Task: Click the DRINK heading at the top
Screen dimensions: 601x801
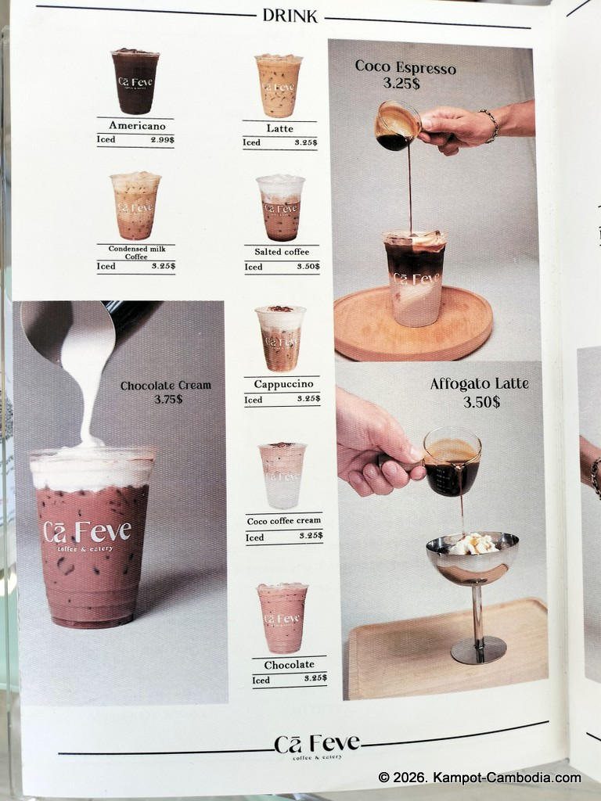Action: pos(290,16)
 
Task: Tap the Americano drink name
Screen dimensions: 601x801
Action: pos(137,126)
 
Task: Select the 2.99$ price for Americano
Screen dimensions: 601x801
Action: pos(163,140)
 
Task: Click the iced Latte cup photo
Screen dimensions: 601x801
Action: pos(279,86)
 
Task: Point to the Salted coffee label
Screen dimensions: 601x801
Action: pos(282,252)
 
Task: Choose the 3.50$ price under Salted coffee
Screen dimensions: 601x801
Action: pos(308,266)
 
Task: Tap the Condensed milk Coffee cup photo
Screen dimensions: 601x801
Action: pos(135,206)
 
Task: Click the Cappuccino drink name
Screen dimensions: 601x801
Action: pos(283,384)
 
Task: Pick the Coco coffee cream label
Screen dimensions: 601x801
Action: pos(283,521)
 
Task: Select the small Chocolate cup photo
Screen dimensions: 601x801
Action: pos(283,618)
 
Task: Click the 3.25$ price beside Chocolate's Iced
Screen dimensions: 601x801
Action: pos(315,678)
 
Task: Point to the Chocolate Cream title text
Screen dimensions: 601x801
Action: pos(166,386)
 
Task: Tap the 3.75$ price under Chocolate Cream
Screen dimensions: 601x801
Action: pos(168,399)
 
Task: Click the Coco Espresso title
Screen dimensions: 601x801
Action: pos(405,67)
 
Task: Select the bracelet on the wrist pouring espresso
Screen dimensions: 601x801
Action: pos(490,125)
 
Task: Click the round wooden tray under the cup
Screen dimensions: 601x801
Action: pos(413,324)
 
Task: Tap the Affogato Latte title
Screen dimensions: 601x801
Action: pos(480,383)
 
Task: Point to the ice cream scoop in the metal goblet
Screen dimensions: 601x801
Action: pos(473,544)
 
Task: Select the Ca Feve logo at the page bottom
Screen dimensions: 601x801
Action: pos(317,746)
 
